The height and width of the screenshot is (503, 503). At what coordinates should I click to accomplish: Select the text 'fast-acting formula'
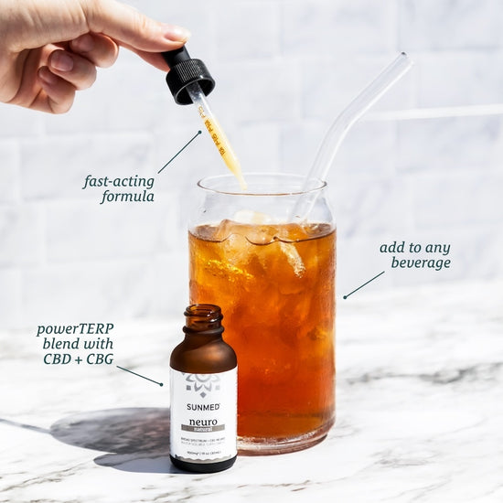tap(119, 188)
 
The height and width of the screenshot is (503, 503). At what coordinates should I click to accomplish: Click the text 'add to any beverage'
tap(415, 255)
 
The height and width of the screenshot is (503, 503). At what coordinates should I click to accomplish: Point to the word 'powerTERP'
tap(76, 328)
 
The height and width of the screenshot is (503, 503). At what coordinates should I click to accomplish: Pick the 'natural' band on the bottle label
tap(203, 427)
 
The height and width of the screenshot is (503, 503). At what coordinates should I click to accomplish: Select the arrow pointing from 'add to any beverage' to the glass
tap(363, 284)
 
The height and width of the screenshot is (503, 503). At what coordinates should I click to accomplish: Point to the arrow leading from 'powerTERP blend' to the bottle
tap(139, 375)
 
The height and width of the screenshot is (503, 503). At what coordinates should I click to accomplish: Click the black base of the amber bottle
tap(203, 465)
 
